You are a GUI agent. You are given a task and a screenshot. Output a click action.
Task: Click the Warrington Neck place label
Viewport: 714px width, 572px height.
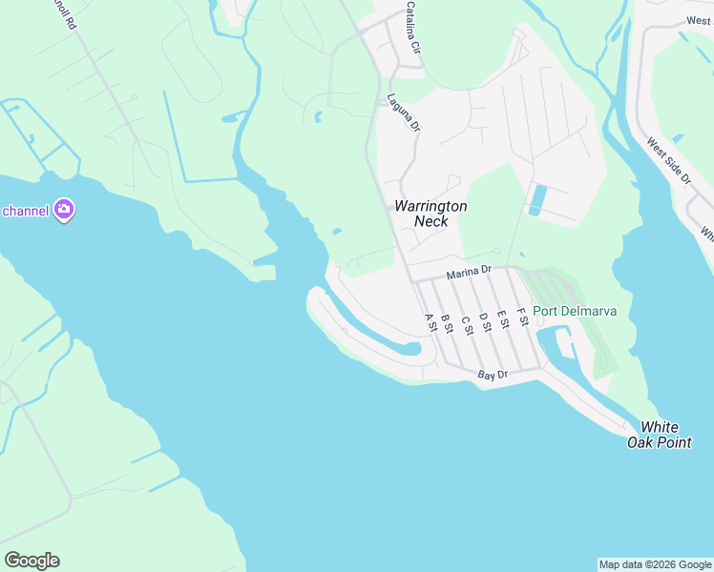pos(430,214)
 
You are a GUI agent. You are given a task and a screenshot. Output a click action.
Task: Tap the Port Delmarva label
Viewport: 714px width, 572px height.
pos(575,311)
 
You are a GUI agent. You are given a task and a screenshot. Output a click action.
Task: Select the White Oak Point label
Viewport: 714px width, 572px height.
pos(660,435)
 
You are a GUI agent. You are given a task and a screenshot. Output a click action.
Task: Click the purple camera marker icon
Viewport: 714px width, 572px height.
pos(64,209)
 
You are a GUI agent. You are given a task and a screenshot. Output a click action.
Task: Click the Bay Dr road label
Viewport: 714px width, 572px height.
pos(493,377)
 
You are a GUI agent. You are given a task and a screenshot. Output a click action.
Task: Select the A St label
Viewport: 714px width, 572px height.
pos(430,323)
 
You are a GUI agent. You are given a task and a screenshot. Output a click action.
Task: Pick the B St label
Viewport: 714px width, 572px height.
pos(447,323)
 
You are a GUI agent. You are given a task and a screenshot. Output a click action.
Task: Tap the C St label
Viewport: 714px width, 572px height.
pos(467,323)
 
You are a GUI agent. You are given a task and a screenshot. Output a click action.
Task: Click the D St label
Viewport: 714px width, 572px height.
pos(484,321)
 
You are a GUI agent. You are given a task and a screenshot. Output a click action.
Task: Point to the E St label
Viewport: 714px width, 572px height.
pos(502,319)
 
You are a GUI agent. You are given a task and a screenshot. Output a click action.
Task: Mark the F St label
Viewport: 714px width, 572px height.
pos(522,316)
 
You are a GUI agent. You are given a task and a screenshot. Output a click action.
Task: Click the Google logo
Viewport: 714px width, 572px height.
pos(31,561)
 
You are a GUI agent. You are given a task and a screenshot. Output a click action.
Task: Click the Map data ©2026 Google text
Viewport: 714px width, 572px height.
pos(655,564)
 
